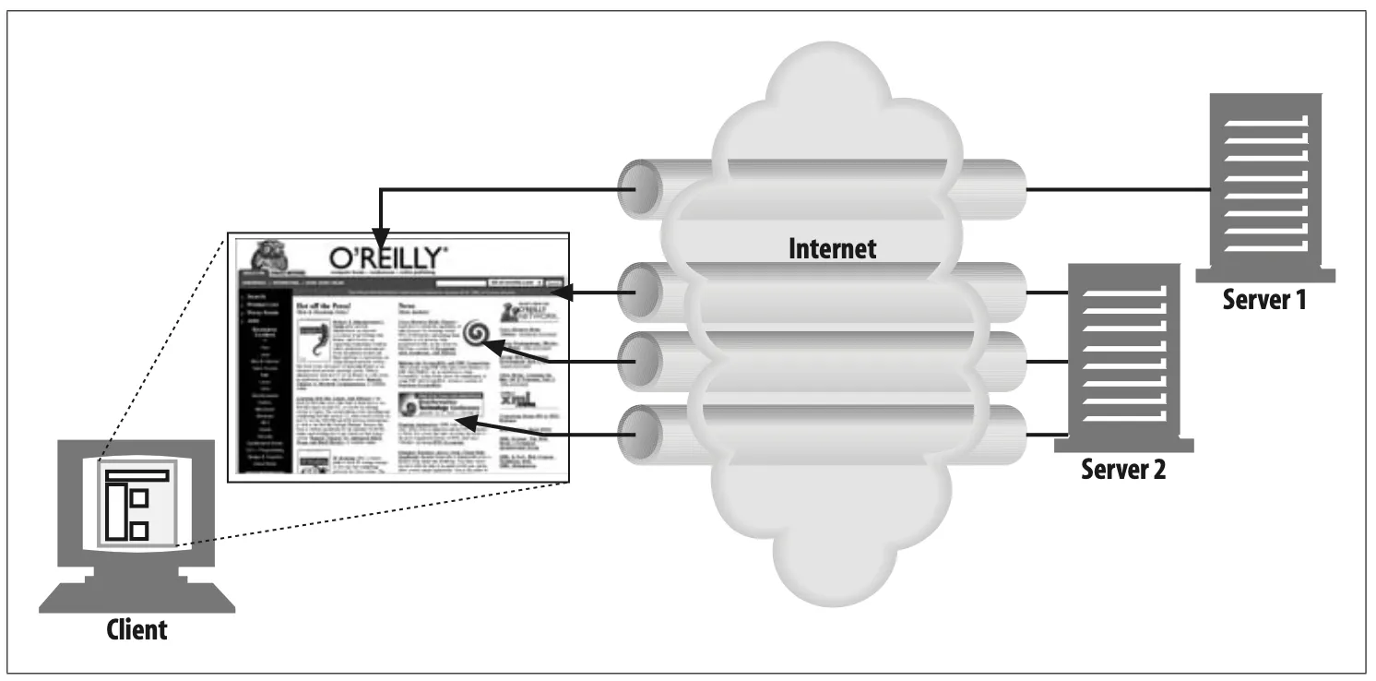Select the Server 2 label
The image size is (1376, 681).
pyautogui.click(x=1122, y=470)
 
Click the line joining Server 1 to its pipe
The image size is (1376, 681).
pyautogui.click(x=1116, y=190)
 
